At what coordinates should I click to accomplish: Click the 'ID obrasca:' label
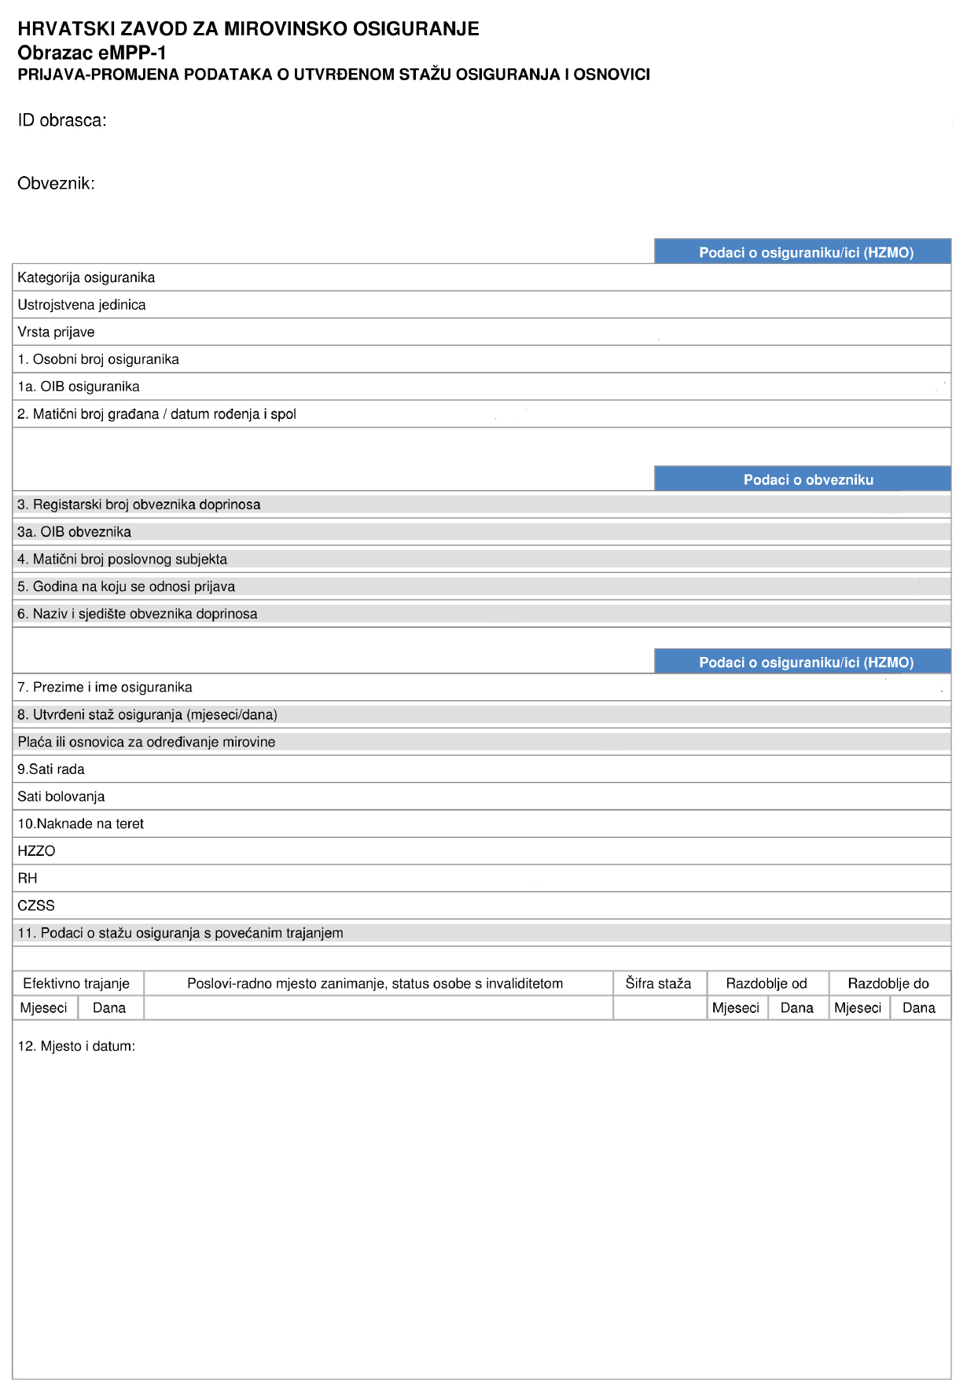pos(62,120)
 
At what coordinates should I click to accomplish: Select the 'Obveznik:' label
pos(56,183)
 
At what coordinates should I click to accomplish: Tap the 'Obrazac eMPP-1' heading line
pos(92,53)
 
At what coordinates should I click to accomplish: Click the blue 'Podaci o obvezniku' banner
pos(808,479)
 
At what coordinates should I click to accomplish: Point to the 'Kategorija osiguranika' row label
pos(86,277)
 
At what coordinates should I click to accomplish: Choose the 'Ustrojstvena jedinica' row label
pos(81,305)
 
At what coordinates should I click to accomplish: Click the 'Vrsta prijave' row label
pos(56,332)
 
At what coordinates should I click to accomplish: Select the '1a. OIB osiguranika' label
pos(79,387)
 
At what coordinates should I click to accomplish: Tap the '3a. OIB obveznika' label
pos(74,532)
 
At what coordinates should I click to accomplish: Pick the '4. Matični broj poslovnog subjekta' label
pos(122,560)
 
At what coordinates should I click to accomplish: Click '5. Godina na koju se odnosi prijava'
pos(126,586)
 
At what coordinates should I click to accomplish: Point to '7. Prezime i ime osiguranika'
pos(105,687)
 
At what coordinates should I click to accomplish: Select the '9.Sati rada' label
pos(51,769)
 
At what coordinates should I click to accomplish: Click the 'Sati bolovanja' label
pos(61,796)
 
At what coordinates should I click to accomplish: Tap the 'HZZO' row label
pos(36,851)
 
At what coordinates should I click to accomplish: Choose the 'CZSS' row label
pos(36,905)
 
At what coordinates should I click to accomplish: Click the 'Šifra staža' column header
pos(658,983)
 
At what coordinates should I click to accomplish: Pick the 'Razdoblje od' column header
pos(767,983)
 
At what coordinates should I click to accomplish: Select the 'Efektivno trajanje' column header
pos(76,983)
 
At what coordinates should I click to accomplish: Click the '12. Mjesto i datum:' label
pos(76,1046)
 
